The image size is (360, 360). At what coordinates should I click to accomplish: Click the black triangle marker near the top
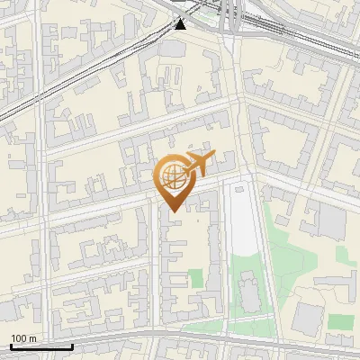click(181, 23)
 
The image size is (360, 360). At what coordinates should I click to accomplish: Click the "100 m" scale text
click(23, 338)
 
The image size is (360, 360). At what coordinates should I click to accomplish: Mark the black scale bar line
click(41, 346)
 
